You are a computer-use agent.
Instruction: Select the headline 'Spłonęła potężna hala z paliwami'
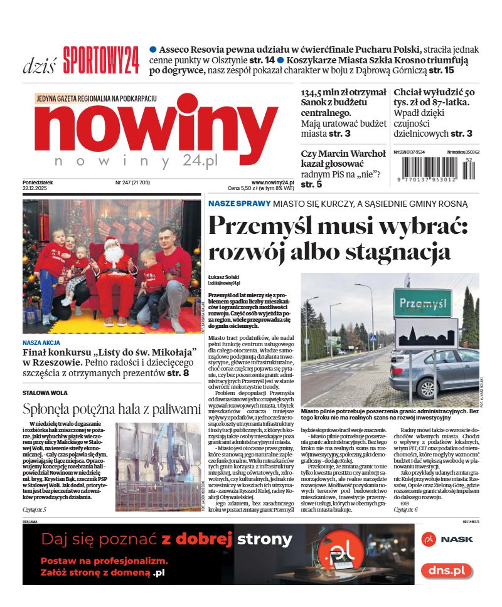[112, 409]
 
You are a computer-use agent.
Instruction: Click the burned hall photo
[159, 467]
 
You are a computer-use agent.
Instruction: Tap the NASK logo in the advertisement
[447, 539]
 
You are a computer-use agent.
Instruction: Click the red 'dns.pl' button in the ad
[446, 570]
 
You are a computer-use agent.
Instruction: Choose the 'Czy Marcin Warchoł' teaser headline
[343, 154]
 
